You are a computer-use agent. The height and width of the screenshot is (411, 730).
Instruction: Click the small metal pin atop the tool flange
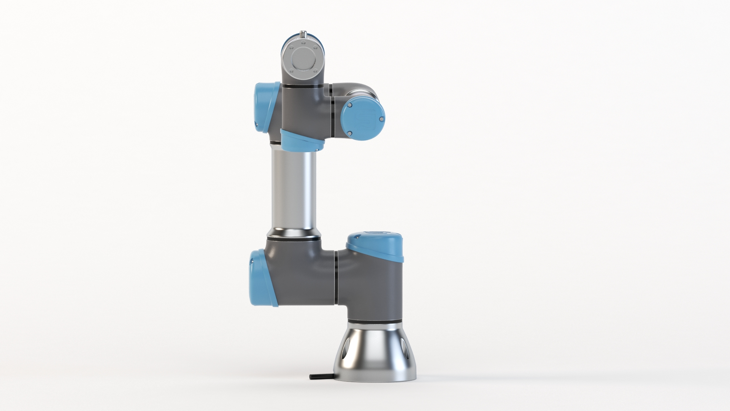coord(303,34)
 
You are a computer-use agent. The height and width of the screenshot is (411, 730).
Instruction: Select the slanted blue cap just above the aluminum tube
coord(302,140)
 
